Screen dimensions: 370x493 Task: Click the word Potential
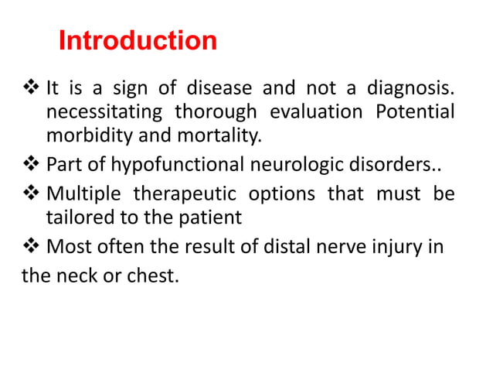[x=414, y=111]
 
